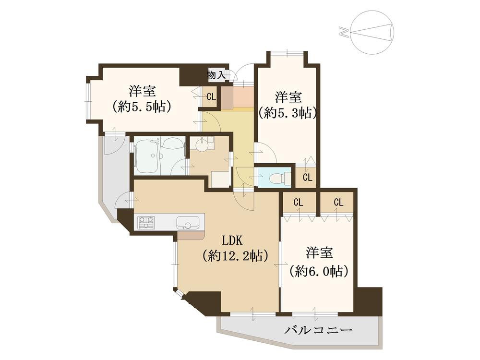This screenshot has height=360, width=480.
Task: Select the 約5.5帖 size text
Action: pos(142,107)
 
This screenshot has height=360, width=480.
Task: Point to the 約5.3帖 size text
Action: pos(288,113)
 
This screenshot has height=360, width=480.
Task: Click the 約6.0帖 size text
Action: pos(319,271)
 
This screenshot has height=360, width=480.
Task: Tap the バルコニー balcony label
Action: pos(319,330)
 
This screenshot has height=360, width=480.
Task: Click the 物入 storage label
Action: pos(216,74)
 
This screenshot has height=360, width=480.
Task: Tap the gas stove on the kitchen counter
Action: pos(146,222)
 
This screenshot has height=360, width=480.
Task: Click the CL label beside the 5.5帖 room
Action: pos(211,97)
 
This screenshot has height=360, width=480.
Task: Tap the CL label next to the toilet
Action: pos(307,178)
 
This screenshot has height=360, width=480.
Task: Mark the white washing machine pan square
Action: pos(220,179)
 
